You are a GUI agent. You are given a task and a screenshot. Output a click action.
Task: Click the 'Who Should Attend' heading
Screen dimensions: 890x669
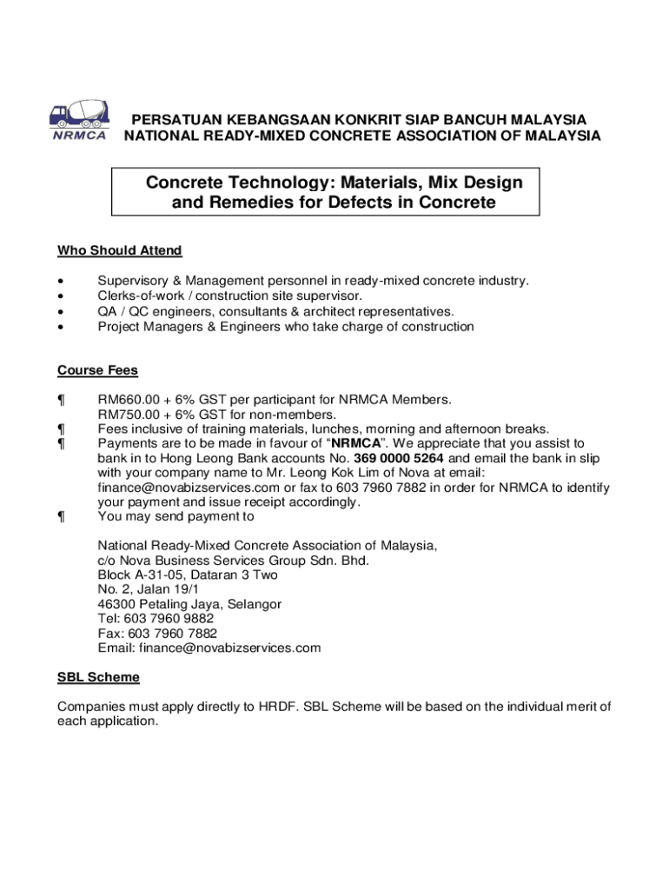point(119,251)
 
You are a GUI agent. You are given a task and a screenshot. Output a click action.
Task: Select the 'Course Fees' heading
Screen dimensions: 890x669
point(97,370)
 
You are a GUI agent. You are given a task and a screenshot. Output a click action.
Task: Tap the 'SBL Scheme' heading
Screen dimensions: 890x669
point(98,677)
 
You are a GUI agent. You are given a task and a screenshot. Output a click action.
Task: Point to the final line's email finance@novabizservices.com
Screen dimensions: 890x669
point(229,648)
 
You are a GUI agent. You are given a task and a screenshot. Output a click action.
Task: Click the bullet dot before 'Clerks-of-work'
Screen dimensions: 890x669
point(60,296)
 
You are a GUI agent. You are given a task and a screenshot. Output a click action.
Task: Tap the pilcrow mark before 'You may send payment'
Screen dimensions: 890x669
point(61,516)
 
